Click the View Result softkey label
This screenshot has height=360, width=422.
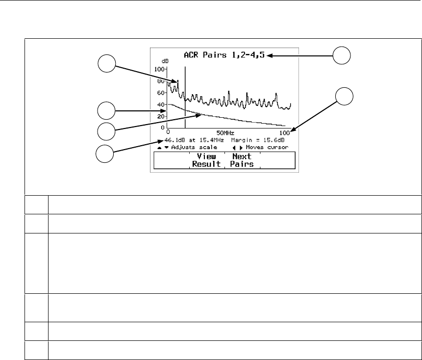pyautogui.click(x=206, y=160)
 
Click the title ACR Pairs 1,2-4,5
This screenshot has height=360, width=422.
pyautogui.click(x=224, y=55)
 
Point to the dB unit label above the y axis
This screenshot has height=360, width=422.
pyautogui.click(x=158, y=62)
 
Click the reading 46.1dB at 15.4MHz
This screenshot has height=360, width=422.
pyautogui.click(x=195, y=140)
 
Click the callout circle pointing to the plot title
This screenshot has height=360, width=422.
pyautogui.click(x=342, y=55)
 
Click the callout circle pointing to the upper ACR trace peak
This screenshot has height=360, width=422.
pyautogui.click(x=106, y=63)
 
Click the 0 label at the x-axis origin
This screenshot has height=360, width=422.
pyautogui.click(x=168, y=133)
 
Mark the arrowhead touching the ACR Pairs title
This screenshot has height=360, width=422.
pyautogui.click(x=269, y=55)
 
